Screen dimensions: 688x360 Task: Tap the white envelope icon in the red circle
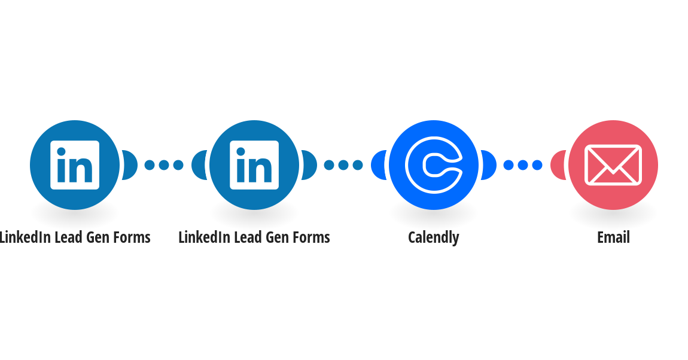point(613,165)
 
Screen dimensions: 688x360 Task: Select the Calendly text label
point(434,237)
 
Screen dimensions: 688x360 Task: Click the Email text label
point(613,237)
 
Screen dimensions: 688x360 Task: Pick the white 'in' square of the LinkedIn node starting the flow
point(75,165)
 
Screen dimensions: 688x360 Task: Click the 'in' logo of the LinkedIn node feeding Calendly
point(254,165)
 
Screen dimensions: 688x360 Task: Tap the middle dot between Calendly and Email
point(523,165)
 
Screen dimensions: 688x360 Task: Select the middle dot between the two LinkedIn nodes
point(164,165)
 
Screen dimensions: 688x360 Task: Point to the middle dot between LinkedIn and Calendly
point(343,165)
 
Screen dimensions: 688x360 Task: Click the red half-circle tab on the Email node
point(558,165)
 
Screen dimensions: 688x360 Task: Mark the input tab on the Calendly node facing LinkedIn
point(378,165)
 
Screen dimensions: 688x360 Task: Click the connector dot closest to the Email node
point(537,165)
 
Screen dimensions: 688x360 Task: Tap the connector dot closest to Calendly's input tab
point(358,165)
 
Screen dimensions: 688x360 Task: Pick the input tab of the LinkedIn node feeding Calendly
point(199,165)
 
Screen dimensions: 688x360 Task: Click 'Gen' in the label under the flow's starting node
point(98,237)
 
